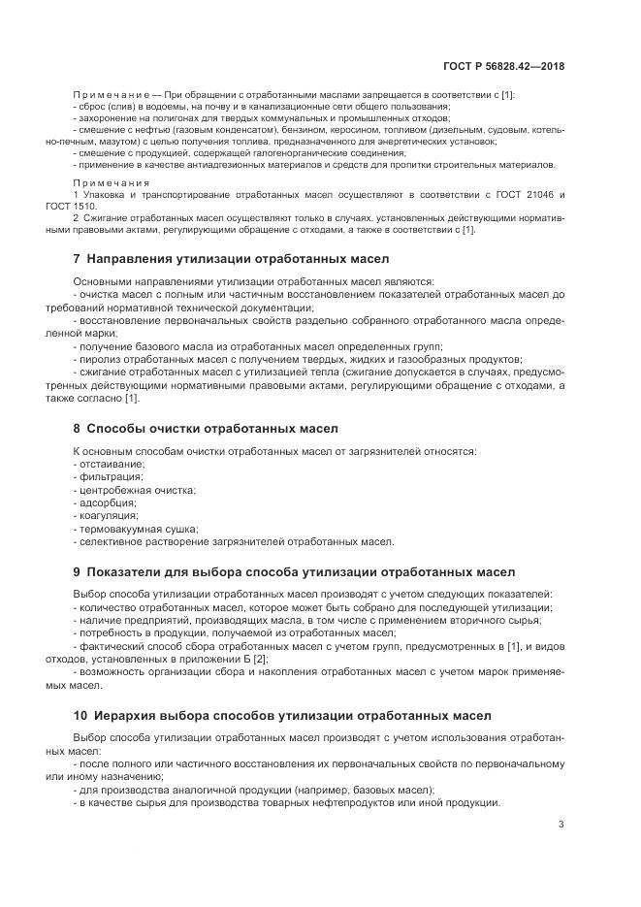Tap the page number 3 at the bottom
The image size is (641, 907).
coord(561,825)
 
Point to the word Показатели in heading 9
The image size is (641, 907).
coord(126,572)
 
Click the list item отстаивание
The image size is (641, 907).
coord(111,466)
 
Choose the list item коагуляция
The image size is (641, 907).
coord(108,516)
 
